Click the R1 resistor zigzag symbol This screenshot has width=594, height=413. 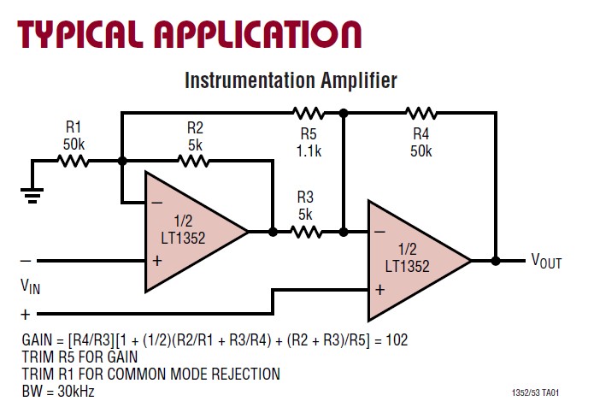74,160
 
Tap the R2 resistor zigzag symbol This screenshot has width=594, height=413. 195,160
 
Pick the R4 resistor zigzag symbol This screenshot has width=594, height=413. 421,112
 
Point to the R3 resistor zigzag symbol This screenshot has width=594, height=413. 306,231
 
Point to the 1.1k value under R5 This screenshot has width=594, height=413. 308,150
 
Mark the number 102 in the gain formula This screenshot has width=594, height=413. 397,340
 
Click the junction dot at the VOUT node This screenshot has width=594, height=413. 496,260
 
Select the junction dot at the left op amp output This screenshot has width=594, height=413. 273,231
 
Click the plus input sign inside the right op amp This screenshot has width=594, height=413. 379,289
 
